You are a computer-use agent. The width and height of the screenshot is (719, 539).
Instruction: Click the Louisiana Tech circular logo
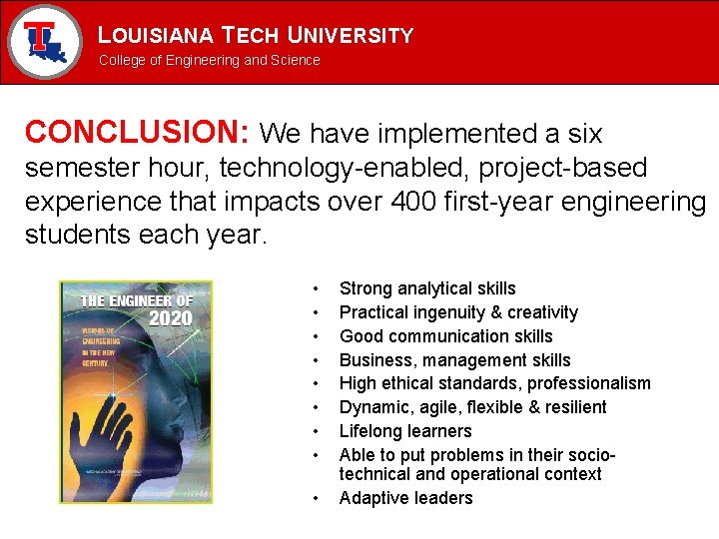pyautogui.click(x=44, y=42)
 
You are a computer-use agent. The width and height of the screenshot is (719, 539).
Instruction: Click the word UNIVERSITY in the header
pyautogui.click(x=350, y=36)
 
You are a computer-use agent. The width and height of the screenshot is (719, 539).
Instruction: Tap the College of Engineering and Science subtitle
pyautogui.click(x=209, y=60)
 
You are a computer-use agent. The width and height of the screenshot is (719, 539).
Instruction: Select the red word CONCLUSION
pyautogui.click(x=137, y=133)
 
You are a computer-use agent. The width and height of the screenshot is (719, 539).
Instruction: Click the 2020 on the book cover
pyautogui.click(x=169, y=318)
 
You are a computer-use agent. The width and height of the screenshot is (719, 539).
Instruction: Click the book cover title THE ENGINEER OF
pyautogui.click(x=136, y=300)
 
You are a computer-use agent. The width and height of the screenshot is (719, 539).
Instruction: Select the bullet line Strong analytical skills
pyautogui.click(x=427, y=288)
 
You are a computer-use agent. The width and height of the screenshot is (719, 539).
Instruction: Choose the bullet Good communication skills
pyautogui.click(x=445, y=336)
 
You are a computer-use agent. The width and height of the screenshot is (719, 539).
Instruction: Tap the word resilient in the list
pyautogui.click(x=572, y=407)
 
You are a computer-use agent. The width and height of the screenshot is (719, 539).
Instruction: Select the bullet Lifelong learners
pyautogui.click(x=405, y=431)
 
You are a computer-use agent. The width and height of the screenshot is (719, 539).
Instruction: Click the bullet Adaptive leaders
pyautogui.click(x=405, y=498)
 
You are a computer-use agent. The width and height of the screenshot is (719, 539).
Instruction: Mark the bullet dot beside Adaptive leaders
pyautogui.click(x=316, y=498)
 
